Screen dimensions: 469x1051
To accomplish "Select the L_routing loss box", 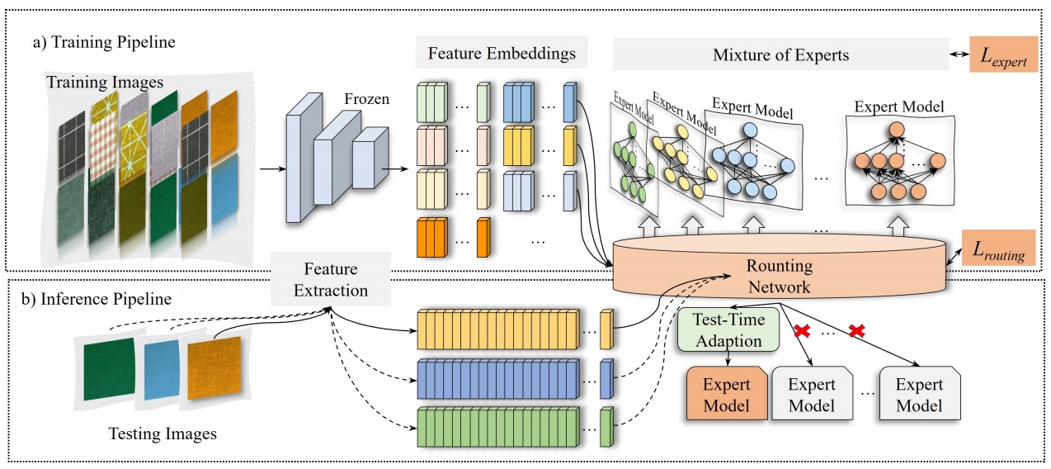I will click(998, 248).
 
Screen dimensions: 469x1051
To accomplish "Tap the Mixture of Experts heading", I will click(780, 56).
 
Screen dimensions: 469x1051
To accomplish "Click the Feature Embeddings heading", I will click(502, 55).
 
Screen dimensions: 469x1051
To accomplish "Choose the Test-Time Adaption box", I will click(728, 329).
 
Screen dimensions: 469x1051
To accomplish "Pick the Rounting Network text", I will click(780, 277).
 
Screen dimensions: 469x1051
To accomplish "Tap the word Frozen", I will click(367, 101).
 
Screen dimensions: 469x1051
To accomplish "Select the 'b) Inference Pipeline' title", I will click(96, 299).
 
